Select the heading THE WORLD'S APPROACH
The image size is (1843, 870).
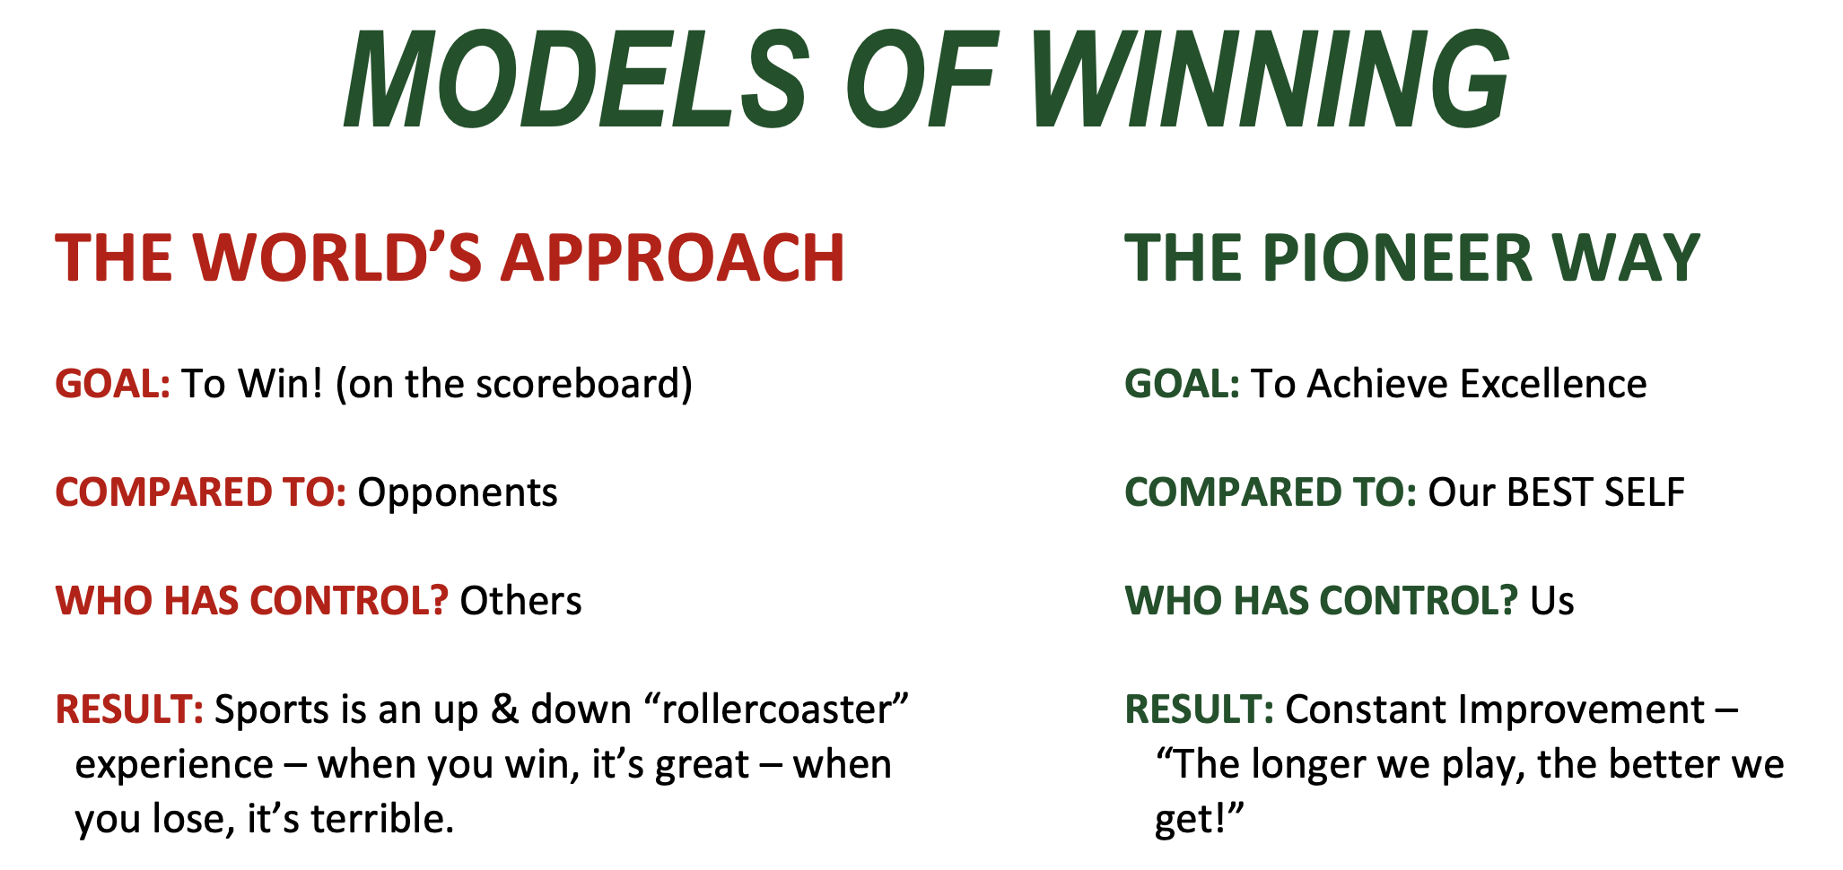(x=450, y=258)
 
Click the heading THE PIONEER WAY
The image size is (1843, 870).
(x=1412, y=258)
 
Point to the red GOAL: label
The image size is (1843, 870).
(x=113, y=384)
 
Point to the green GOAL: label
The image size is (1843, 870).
(x=1183, y=384)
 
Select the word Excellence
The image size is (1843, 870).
(x=1553, y=384)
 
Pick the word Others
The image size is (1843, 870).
(x=520, y=601)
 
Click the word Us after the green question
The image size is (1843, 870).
(x=1552, y=601)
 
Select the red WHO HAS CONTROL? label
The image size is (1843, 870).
(x=252, y=601)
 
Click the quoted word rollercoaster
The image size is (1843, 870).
(x=777, y=709)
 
